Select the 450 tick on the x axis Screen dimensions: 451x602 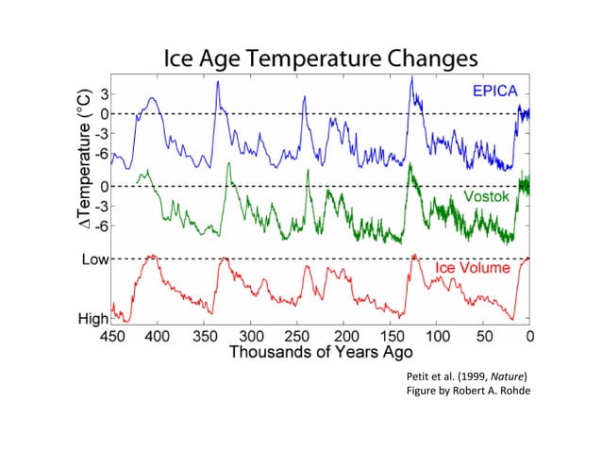pyautogui.click(x=112, y=336)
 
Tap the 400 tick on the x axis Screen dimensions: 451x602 pyautogui.click(x=158, y=336)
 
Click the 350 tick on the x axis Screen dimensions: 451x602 pyautogui.click(x=205, y=336)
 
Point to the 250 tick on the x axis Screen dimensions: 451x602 pyautogui.click(x=298, y=336)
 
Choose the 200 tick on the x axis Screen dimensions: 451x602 pyautogui.click(x=344, y=336)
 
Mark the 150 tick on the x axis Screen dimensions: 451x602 pyautogui.click(x=391, y=336)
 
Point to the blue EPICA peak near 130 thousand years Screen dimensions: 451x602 pyautogui.click(x=411, y=78)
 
